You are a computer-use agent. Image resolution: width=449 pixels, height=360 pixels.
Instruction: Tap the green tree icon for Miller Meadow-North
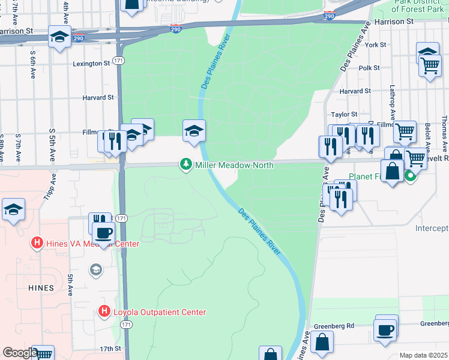pyautogui.click(x=186, y=164)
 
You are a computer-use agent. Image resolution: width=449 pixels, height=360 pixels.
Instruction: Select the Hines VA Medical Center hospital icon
pyautogui.click(x=37, y=244)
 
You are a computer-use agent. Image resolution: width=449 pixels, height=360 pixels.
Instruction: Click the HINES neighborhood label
pyautogui.click(x=41, y=288)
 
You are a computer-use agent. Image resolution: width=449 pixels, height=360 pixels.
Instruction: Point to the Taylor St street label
pyautogui.click(x=344, y=114)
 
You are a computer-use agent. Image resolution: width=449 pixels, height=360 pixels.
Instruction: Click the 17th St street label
pyautogui.click(x=110, y=349)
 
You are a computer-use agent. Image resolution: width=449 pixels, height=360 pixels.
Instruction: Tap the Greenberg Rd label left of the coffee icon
pyautogui.click(x=334, y=326)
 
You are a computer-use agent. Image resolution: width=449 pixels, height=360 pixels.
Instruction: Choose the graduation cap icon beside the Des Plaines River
pyautogui.click(x=194, y=131)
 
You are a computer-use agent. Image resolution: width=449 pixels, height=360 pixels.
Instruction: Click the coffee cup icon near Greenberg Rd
pyautogui.click(x=385, y=329)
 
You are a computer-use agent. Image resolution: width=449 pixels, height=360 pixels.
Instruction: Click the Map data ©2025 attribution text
pyautogui.click(x=423, y=355)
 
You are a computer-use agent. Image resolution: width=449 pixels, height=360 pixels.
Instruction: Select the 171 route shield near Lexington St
pyautogui.click(x=119, y=62)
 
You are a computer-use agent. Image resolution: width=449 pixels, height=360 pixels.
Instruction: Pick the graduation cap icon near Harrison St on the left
pyautogui.click(x=59, y=37)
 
